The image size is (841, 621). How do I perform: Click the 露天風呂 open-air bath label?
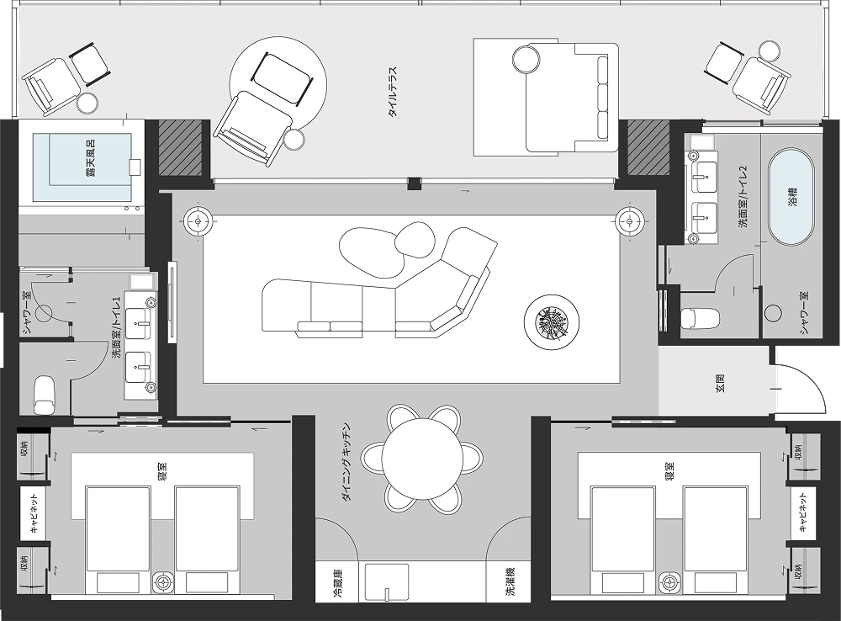(x=91, y=159)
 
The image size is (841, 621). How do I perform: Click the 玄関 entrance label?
(x=721, y=385)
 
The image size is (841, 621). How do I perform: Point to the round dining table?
(x=422, y=458)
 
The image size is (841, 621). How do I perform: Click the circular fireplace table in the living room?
(x=552, y=322)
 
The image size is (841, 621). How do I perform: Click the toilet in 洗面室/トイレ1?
(x=45, y=395)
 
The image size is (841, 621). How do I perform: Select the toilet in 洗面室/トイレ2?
(x=700, y=318)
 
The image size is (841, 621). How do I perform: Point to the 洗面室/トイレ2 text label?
(x=743, y=197)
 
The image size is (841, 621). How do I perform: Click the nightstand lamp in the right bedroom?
(x=669, y=581)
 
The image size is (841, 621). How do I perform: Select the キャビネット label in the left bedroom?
(x=34, y=512)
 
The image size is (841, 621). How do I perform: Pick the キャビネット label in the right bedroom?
(x=803, y=512)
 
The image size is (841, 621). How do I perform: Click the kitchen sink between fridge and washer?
(x=386, y=582)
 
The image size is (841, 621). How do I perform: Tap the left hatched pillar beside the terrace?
(x=181, y=147)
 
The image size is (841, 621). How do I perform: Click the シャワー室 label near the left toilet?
(x=26, y=311)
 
